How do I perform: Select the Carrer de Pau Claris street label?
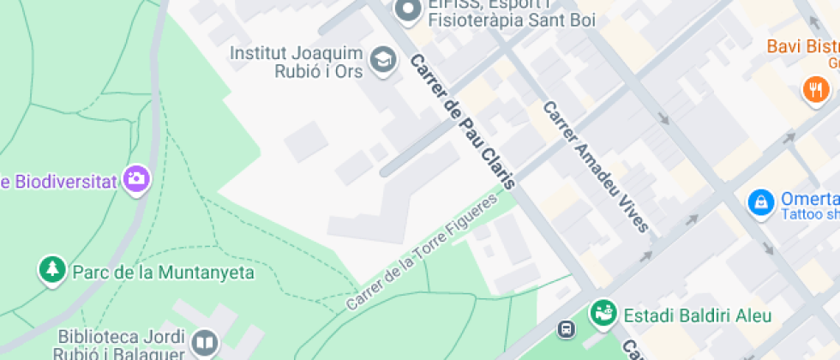(x=463, y=123)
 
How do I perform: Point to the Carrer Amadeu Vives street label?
(x=595, y=167)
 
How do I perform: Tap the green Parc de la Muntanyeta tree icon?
(x=52, y=270)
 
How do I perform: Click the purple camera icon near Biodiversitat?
(x=135, y=179)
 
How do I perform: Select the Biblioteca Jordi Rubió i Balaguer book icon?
(x=204, y=344)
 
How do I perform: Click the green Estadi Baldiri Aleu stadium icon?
(x=603, y=314)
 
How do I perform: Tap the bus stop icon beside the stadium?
(x=566, y=328)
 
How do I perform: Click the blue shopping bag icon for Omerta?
(x=759, y=203)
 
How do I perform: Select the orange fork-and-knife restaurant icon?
(x=814, y=88)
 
